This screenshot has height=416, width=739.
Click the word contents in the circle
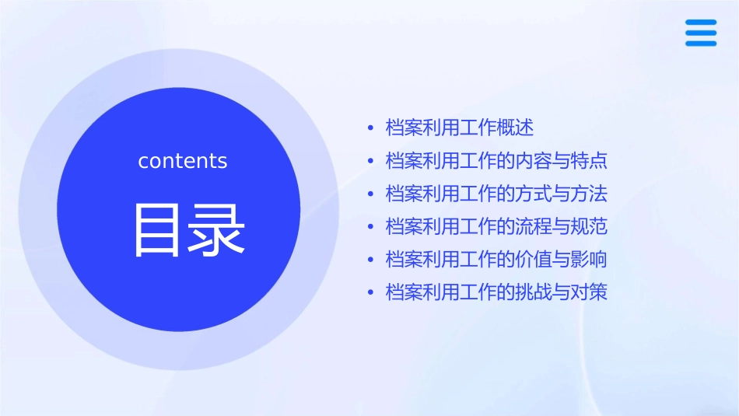[183, 161]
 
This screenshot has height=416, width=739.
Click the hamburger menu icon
[701, 33]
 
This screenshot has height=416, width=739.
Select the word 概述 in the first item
[515, 128]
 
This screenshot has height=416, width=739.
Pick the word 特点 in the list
[589, 161]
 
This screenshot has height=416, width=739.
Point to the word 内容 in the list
[534, 161]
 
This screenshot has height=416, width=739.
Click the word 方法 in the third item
[589, 194]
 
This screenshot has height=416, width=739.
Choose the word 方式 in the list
[534, 194]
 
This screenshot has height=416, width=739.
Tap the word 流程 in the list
[534, 227]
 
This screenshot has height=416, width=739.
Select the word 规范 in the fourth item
[589, 227]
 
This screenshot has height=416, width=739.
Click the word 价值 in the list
[534, 260]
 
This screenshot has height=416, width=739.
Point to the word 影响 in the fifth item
[589, 260]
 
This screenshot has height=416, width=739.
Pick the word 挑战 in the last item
[534, 293]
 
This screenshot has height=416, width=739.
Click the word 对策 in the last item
[589, 293]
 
